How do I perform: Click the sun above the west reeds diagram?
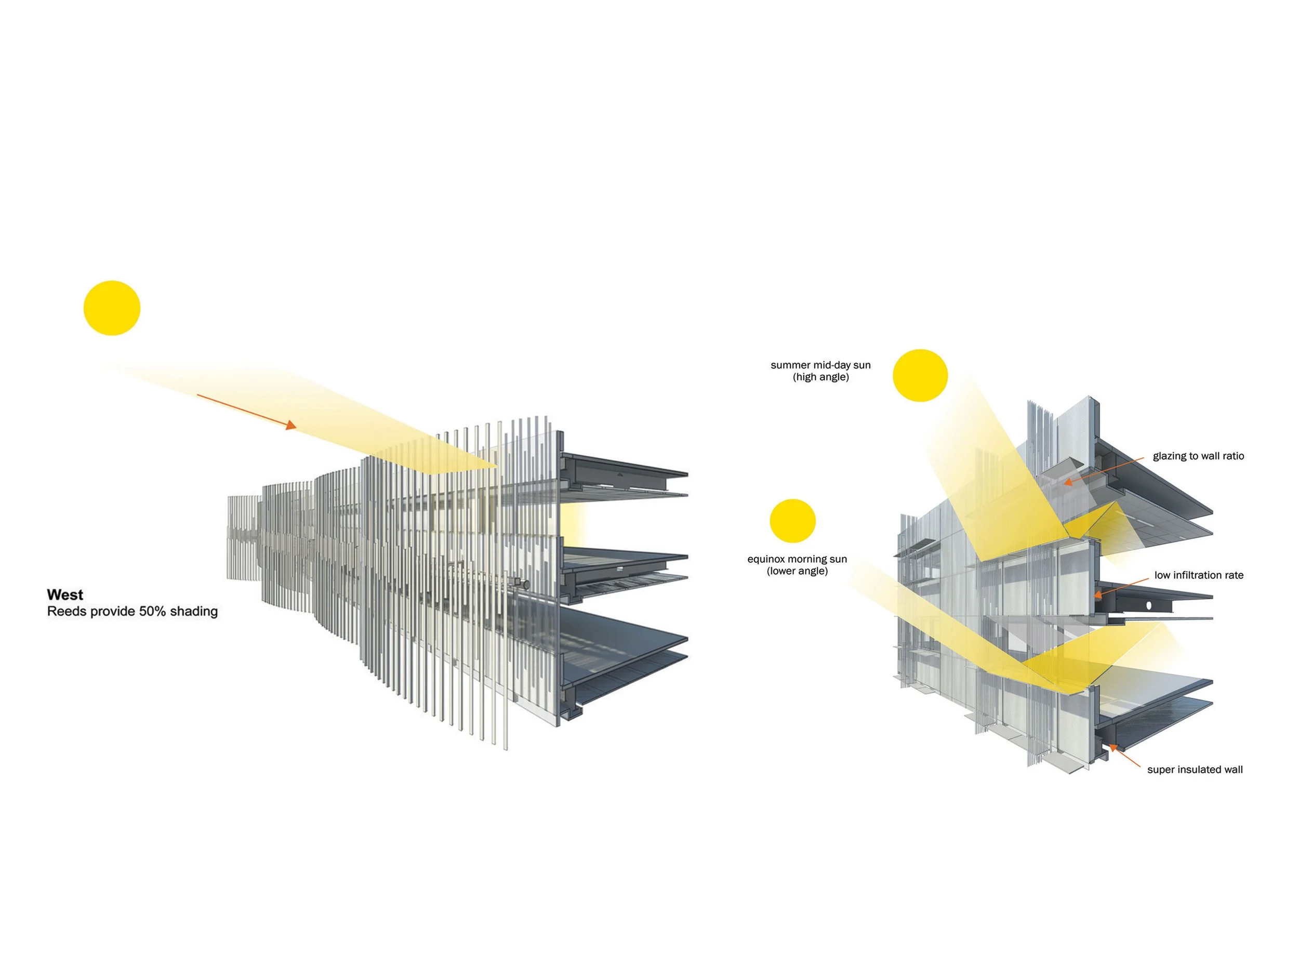coord(112,308)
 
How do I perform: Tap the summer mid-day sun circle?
coord(920,375)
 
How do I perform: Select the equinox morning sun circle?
coord(792,520)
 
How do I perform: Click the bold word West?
coord(64,594)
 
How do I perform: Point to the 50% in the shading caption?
coord(152,611)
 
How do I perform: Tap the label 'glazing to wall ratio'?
coord(1198,456)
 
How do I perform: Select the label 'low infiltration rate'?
coord(1199,575)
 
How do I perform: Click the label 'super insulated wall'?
coord(1195,770)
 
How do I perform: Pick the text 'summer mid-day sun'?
coord(820,365)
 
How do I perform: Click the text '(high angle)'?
coord(820,377)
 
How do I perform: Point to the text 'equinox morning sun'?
coord(797,559)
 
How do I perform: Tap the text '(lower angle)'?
coord(797,571)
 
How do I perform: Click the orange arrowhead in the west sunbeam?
coord(290,425)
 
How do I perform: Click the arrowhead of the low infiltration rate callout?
coord(1097,594)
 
